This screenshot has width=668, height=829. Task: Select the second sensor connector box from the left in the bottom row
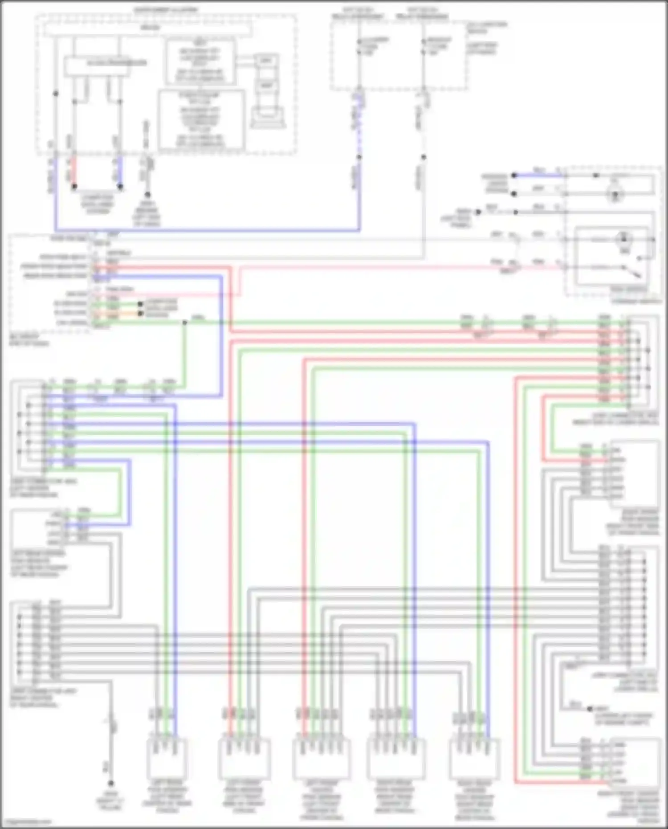[244, 758]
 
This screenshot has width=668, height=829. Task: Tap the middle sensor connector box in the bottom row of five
[321, 758]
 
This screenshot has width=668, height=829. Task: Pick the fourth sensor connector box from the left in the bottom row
[396, 758]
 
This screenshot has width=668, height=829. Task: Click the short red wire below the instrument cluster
[74, 172]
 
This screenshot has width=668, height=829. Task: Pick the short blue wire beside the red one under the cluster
[120, 172]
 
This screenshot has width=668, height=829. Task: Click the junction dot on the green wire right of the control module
[184, 322]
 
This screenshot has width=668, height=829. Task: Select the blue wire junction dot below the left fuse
[359, 157]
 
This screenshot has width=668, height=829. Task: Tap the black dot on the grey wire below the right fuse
[424, 157]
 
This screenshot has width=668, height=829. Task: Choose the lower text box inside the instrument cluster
[202, 119]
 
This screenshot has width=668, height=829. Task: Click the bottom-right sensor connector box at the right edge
[635, 761]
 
